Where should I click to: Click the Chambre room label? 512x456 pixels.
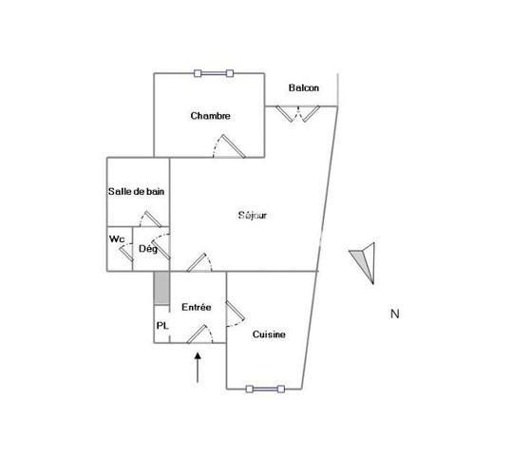(210, 116)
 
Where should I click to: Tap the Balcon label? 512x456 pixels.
(304, 87)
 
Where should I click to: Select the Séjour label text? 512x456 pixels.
(253, 216)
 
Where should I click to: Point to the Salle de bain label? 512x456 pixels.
(136, 191)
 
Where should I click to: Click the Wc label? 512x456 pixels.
(117, 238)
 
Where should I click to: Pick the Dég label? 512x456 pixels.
(148, 249)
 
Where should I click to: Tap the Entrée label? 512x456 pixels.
(197, 307)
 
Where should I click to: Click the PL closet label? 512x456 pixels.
(162, 326)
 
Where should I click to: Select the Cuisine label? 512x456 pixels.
(269, 334)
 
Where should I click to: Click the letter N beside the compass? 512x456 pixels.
(395, 313)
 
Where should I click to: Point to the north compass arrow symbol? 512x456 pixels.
(364, 263)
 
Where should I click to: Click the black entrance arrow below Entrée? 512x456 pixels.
(198, 367)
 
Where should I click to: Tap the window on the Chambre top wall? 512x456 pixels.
(214, 73)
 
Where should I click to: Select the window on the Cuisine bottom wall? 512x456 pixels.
(265, 389)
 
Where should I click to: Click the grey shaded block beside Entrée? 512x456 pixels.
(161, 289)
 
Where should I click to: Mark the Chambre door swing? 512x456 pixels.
(229, 146)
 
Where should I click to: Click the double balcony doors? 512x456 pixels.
(298, 114)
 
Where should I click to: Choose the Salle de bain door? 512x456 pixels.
(150, 219)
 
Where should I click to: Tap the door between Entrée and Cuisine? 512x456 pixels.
(236, 313)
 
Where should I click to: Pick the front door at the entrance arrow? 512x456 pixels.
(199, 334)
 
